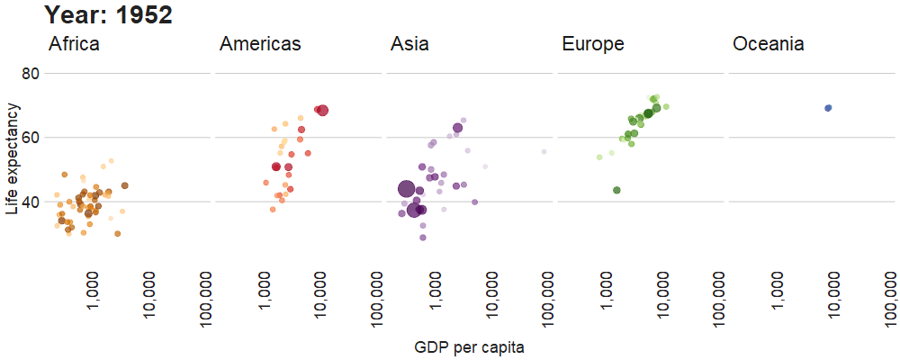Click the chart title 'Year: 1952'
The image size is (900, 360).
pos(108,15)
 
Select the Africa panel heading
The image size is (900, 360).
pos(74,44)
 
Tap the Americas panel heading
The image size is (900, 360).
pos(260,44)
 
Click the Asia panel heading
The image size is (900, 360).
pos(409,44)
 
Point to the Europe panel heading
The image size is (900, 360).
pos(592,44)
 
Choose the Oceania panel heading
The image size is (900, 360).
pos(768,44)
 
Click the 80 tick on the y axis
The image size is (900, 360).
pos(30,73)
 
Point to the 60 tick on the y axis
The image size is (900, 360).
pos(30,138)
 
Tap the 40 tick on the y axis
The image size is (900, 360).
pos(30,202)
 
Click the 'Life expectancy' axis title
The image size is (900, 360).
pos(12,158)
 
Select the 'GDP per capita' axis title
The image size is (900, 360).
pos(469,346)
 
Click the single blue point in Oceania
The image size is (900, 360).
pos(828,108)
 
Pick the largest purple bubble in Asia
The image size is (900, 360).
pos(406,189)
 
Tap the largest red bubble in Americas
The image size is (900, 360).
pos(323,111)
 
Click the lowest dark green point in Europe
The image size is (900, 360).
pos(616,190)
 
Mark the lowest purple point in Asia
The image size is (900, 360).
pos(422,238)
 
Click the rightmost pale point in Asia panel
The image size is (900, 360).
pos(544,152)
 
